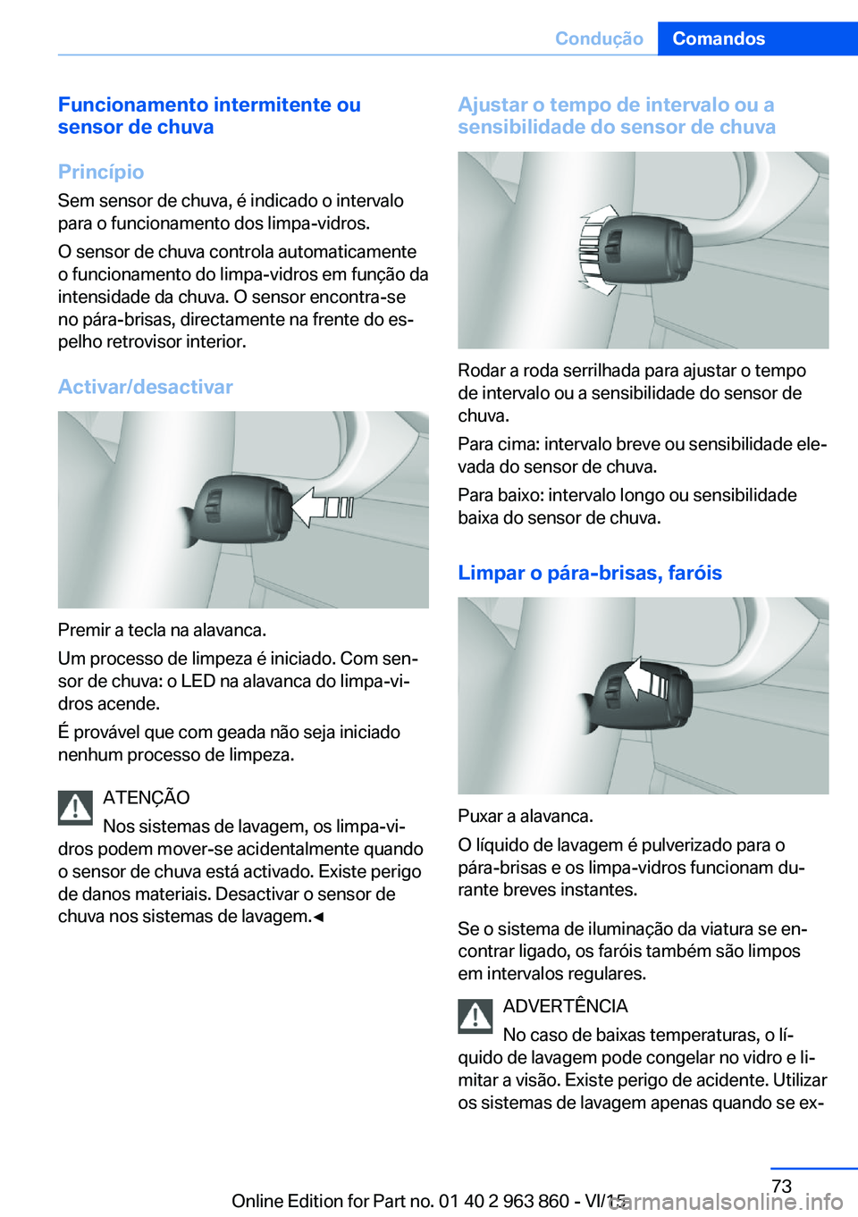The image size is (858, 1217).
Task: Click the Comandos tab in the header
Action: [x=719, y=38]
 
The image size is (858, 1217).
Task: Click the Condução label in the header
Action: [x=599, y=38]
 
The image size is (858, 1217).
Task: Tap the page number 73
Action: [x=781, y=1186]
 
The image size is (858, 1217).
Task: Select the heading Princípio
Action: [x=101, y=172]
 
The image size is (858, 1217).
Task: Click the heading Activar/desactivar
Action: [x=145, y=387]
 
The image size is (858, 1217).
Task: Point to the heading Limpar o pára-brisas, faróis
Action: [x=589, y=573]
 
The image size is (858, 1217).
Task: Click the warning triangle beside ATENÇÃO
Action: [x=76, y=808]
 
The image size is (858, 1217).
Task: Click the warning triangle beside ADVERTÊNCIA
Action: [x=475, y=1016]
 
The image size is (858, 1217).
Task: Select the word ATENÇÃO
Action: [x=146, y=797]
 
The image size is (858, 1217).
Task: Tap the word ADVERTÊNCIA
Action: [x=565, y=1006]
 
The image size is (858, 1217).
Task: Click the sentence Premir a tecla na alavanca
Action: [x=162, y=630]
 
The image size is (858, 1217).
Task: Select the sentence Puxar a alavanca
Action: [x=525, y=816]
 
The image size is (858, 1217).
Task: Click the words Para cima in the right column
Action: [x=497, y=444]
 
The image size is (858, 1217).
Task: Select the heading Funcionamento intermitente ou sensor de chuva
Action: [x=209, y=115]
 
